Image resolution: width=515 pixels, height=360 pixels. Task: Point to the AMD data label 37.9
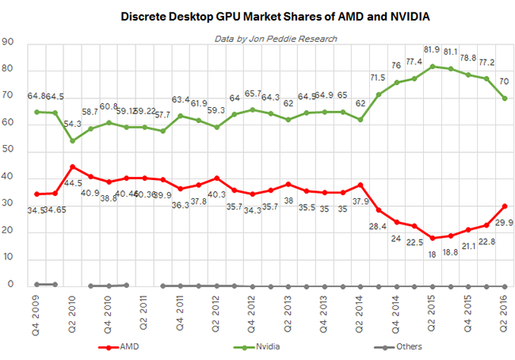pyautogui.click(x=361, y=200)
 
